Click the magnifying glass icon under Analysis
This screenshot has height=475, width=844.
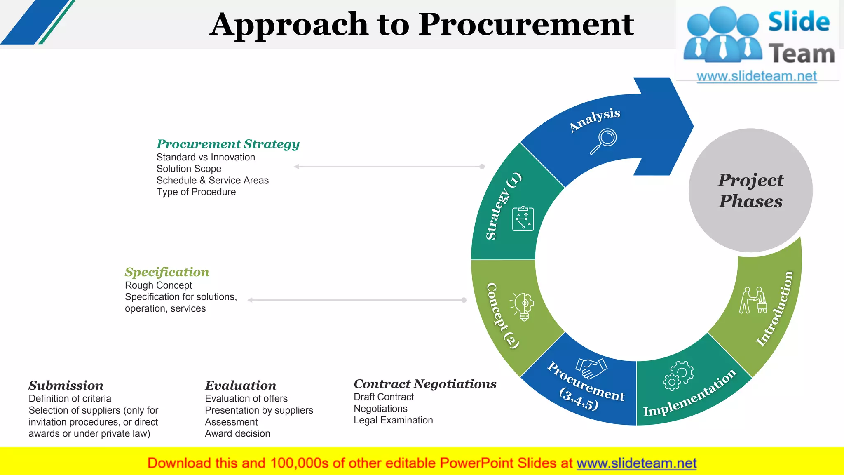tap(604, 141)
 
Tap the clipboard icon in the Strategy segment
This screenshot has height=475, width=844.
tap(523, 219)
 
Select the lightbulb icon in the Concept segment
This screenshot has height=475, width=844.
tap(523, 306)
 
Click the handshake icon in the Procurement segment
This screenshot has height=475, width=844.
tap(591, 368)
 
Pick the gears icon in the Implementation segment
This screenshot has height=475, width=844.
tap(678, 375)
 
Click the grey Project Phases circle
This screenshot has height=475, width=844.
tap(750, 190)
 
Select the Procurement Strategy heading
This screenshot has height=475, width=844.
tap(228, 144)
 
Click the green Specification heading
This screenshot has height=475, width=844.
tap(167, 272)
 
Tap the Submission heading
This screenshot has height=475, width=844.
tap(66, 386)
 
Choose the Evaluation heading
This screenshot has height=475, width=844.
tap(241, 386)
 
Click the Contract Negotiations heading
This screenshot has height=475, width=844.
tap(425, 384)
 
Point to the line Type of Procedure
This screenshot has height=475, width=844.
tap(196, 192)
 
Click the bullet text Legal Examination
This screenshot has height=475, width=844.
tap(393, 420)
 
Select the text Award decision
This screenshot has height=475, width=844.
tap(237, 433)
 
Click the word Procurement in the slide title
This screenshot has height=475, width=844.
tap(526, 25)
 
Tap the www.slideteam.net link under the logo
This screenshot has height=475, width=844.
tap(757, 76)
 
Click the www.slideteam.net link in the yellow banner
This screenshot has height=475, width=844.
tap(636, 463)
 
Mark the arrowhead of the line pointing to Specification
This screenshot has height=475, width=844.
tap(250, 300)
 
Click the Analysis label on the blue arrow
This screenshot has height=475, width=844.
tap(595, 120)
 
